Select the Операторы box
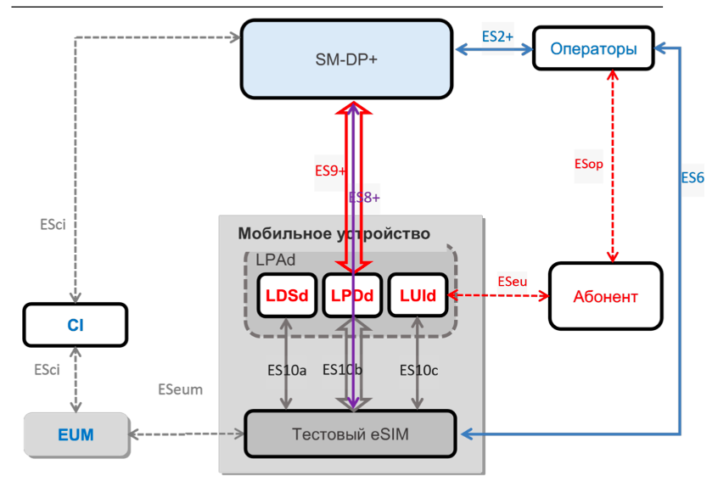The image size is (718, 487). click(593, 49)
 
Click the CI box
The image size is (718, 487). click(76, 325)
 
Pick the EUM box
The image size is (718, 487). click(76, 435)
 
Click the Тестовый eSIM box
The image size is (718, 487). click(350, 434)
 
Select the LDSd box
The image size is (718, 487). click(287, 295)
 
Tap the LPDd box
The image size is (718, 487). click(352, 295)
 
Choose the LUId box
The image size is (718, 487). click(418, 295)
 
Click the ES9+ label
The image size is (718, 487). click(330, 171)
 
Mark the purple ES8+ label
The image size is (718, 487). click(365, 197)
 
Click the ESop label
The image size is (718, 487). click(588, 165)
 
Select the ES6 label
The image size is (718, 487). click(693, 178)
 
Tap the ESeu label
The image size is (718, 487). click(511, 280)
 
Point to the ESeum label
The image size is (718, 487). click(180, 389)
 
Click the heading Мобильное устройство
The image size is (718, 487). click(334, 233)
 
